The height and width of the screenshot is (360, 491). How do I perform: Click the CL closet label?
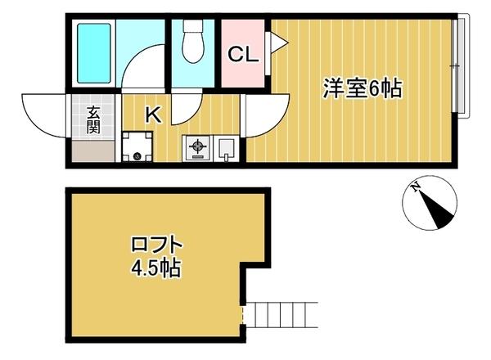coord(243,55)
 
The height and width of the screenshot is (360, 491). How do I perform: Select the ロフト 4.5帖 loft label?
coord(155,256)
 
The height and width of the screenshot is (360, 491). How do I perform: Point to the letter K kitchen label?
coord(152,115)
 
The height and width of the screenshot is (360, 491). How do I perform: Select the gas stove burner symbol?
coord(196,149)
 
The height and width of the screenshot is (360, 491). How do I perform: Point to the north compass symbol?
coord(430,205)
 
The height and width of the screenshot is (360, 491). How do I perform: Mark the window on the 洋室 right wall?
coord(460,65)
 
